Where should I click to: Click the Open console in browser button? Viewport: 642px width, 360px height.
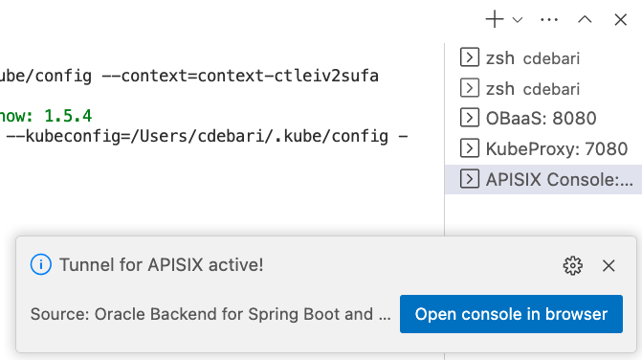[511, 314]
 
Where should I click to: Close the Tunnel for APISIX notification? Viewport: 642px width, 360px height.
[609, 265]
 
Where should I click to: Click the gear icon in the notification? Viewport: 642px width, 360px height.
[573, 265]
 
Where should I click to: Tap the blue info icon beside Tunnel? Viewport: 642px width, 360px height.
[40, 265]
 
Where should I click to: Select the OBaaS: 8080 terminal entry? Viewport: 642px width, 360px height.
[542, 119]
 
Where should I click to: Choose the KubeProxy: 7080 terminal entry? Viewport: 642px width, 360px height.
[542, 148]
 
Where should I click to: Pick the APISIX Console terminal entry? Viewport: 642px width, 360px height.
[545, 178]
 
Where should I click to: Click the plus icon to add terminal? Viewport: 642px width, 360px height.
[495, 18]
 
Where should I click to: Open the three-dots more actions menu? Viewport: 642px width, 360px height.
[549, 18]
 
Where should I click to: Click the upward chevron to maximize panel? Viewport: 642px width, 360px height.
[586, 18]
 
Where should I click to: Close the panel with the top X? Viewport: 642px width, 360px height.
[619, 18]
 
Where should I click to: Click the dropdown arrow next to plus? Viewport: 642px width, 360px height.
[518, 18]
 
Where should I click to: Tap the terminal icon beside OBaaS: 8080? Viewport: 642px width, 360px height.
[470, 119]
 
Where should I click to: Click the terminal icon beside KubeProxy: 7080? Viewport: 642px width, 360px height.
[470, 148]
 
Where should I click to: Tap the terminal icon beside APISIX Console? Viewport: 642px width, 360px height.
[470, 178]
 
